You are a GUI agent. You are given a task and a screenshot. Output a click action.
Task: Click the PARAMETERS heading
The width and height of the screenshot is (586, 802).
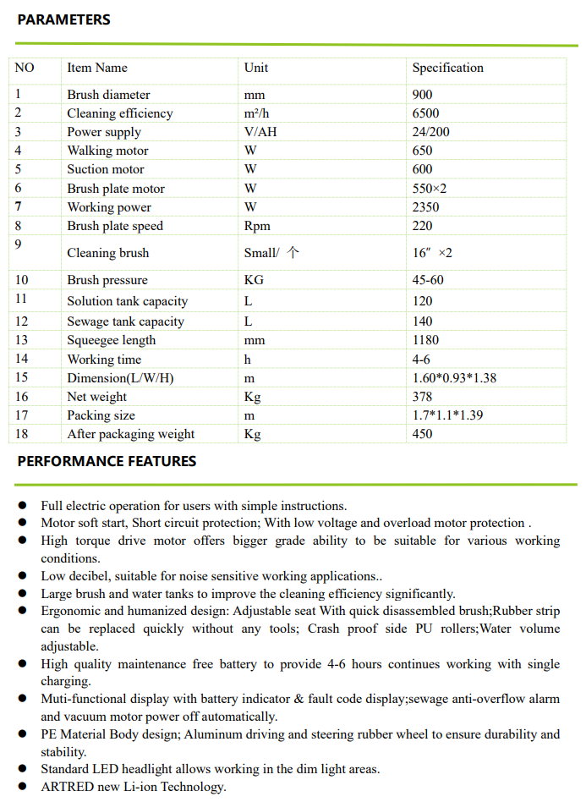pos(63,19)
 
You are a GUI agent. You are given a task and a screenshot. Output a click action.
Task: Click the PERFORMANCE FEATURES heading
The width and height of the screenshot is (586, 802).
pos(107,461)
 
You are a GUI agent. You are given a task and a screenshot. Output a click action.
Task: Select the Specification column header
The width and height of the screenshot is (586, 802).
pos(447,68)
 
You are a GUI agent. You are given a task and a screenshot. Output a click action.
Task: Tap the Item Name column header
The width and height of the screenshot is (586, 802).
pos(97,68)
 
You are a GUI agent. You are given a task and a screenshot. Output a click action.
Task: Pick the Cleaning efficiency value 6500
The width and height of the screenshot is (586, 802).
pos(425,113)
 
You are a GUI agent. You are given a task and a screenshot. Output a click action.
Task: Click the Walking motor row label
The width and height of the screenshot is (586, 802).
pos(107,151)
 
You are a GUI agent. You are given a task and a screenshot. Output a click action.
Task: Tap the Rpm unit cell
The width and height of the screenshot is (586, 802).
pos(257,226)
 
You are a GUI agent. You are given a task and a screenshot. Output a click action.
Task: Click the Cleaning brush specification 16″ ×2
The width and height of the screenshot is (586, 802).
pos(432,253)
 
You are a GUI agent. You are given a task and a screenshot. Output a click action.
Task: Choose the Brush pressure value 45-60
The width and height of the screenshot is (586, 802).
pos(428,280)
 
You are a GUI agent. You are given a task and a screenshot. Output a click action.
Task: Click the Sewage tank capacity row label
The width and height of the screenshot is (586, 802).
pos(125,321)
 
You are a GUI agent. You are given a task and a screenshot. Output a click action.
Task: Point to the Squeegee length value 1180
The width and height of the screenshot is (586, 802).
pos(425,340)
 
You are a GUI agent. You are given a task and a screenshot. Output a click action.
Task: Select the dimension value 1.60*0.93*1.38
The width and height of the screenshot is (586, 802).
pos(454,378)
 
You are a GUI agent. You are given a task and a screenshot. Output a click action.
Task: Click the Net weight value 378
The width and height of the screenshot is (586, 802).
pos(422,397)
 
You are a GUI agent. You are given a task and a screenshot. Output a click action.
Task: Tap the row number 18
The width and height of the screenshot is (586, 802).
pos(21,434)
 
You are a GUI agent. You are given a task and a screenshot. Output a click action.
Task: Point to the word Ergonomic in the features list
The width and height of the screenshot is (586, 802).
pos(70,611)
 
